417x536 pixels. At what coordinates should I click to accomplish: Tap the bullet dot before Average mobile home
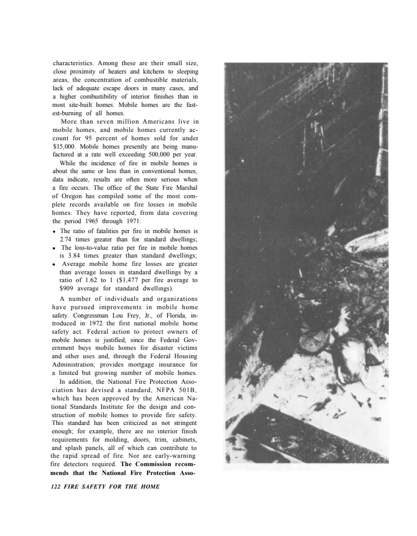[x=55, y=264]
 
